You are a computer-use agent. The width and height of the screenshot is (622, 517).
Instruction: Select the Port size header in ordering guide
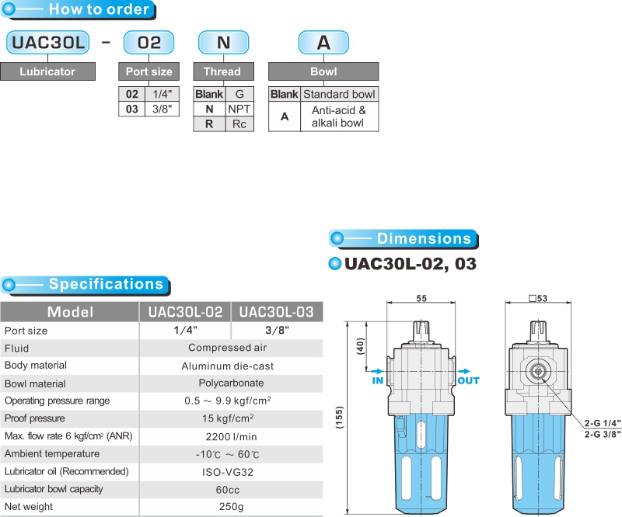(149, 71)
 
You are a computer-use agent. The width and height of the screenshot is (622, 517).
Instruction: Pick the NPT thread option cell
(239, 109)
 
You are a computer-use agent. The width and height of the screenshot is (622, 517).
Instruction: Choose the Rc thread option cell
(239, 124)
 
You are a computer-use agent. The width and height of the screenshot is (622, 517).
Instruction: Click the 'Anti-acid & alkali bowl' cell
(338, 116)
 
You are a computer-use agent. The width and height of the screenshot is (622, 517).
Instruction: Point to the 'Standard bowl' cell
(338, 94)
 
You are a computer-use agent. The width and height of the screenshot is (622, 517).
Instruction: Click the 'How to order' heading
(99, 10)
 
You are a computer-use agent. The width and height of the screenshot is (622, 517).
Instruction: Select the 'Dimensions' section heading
(424, 238)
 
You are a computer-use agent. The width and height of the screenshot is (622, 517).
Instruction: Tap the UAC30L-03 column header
(276, 312)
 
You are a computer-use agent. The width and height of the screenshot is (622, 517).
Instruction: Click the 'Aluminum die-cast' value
(228, 366)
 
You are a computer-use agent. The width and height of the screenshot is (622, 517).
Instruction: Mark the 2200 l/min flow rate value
(228, 436)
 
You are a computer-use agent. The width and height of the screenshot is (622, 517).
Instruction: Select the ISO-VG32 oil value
(228, 471)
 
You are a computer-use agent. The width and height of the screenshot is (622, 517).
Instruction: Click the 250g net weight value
(228, 507)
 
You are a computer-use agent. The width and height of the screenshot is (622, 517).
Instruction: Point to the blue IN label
(378, 381)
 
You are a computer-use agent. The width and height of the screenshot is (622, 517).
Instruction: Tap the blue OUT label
(469, 381)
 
